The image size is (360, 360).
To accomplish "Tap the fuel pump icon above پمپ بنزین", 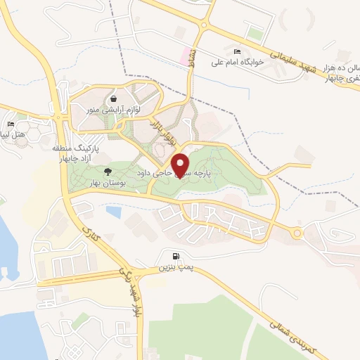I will pos(174,256).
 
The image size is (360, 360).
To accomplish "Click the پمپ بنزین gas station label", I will pos(173,267).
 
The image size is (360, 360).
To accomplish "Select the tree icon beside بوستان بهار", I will pos(108,172).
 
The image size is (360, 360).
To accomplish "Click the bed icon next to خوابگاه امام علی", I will pos(237,52).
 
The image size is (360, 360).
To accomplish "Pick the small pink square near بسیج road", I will pos(186,54).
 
